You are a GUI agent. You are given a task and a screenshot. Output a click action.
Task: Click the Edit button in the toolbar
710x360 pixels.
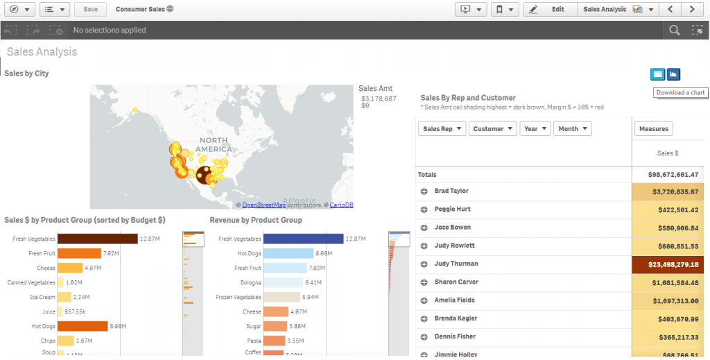551,9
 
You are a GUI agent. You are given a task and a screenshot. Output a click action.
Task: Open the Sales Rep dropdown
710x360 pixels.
442,129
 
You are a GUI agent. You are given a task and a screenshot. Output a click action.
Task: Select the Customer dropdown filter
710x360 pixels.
493,129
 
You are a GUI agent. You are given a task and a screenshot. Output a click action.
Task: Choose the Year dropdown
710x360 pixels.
535,129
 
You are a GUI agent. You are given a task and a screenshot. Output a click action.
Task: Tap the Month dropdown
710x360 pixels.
573,129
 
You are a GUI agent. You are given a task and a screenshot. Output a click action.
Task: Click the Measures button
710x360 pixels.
653,129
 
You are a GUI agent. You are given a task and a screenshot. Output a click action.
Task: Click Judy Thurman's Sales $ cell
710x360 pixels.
670,264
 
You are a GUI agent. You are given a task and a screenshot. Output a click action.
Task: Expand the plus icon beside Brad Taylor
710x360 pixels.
424,191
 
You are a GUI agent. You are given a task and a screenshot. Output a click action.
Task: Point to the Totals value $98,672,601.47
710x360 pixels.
670,175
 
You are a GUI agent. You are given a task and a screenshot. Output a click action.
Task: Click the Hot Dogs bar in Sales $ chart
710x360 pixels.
83,326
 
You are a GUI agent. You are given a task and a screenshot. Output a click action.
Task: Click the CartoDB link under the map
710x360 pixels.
341,205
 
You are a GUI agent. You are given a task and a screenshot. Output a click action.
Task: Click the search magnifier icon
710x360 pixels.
674,30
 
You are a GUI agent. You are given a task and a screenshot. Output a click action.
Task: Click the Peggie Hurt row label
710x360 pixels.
452,209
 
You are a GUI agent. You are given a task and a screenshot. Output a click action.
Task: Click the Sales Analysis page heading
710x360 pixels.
42,52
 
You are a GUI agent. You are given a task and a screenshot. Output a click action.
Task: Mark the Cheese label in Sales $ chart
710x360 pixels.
46,268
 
